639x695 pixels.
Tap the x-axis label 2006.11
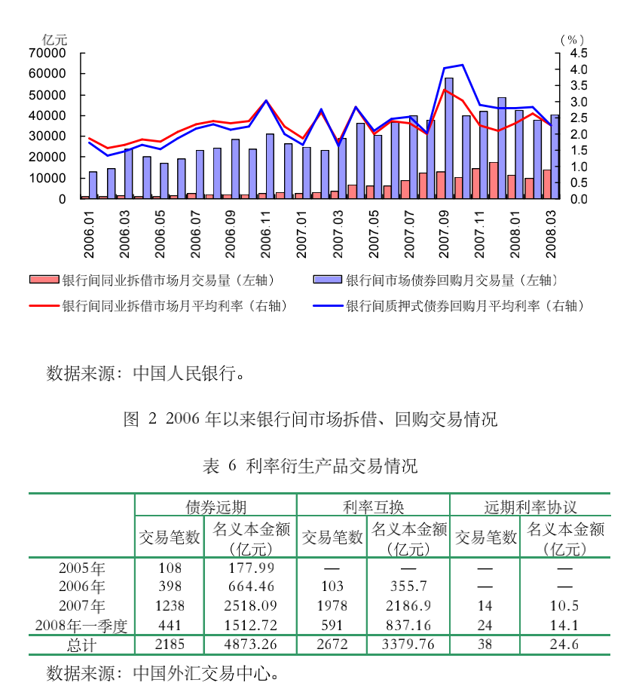click(267, 234)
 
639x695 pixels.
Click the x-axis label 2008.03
click(552, 234)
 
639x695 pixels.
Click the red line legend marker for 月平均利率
click(44, 305)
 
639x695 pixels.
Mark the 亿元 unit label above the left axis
click(54, 39)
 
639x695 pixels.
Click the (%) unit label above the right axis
click(573, 39)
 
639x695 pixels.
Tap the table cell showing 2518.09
click(252, 605)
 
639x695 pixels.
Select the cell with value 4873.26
click(252, 644)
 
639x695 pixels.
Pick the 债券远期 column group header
click(216, 506)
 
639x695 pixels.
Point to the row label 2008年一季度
click(81, 625)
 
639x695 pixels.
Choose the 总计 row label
click(81, 644)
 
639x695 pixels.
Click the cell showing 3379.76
click(408, 644)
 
